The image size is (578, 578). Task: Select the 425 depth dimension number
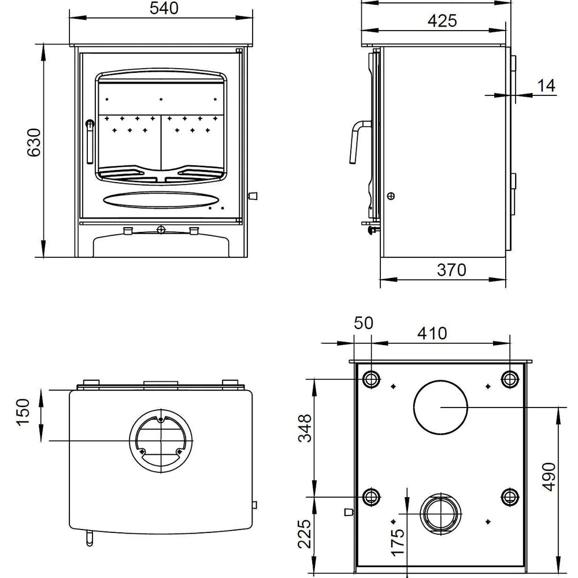point(442,21)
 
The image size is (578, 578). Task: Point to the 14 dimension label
point(546,86)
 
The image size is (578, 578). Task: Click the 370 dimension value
point(451,270)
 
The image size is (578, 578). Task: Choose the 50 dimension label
point(365,322)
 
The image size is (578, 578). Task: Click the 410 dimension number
point(432,334)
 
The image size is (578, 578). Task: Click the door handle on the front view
point(90,142)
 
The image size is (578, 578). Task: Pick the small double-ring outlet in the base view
point(442,513)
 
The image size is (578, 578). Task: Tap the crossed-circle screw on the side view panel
point(391,196)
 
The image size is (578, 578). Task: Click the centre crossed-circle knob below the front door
point(161,230)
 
